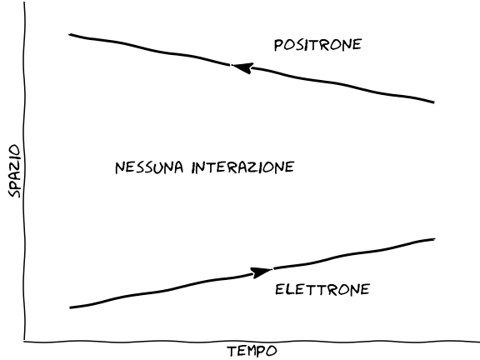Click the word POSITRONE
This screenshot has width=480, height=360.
tap(318, 45)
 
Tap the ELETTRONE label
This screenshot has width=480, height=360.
tap(322, 290)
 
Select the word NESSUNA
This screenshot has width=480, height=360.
tap(149, 167)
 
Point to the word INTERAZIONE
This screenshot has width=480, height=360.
tap(242, 167)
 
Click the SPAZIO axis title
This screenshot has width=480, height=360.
tap(14, 171)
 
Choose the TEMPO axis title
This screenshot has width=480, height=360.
tap(252, 351)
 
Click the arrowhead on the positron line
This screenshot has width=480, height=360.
tap(242, 67)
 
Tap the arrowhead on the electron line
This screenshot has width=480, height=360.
tap(261, 272)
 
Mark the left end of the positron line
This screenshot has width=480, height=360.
tap(70, 35)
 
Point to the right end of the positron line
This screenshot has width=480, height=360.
tap(433, 102)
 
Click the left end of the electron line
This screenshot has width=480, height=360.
tap(71, 307)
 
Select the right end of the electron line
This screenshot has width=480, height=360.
tap(434, 239)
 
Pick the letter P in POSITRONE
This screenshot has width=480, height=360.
tap(278, 45)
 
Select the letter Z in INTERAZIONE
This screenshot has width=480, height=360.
tap(252, 167)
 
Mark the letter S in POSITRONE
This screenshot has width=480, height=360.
tap(300, 45)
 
